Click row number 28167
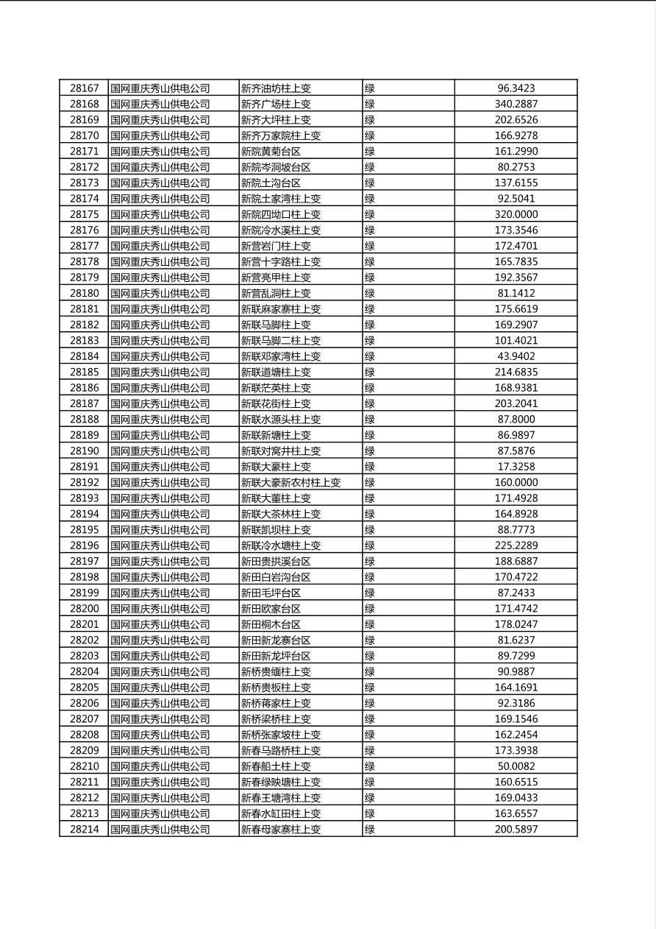[84, 88]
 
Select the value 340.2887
[516, 105]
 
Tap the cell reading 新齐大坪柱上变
[276, 120]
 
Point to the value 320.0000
[516, 214]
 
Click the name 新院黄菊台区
[271, 152]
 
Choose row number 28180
[84, 293]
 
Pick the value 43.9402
[516, 356]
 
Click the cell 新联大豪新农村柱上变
[290, 483]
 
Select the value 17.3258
[516, 467]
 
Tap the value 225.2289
[516, 545]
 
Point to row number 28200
[84, 609]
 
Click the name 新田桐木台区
[271, 624]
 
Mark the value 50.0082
[516, 766]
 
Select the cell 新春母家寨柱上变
[281, 830]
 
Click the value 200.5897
[516, 830]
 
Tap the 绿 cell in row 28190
[370, 451]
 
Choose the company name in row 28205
[160, 688]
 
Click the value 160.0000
[516, 483]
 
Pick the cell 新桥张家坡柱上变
[281, 735]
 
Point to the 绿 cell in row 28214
[370, 830]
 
